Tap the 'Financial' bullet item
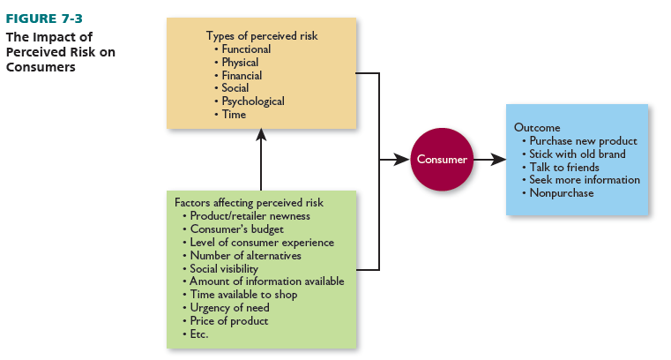(242, 76)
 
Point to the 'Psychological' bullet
(253, 101)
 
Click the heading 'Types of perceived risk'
(262, 36)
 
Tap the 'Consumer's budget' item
(237, 229)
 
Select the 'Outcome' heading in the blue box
(537, 128)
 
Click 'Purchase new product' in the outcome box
(583, 140)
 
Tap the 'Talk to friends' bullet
(563, 167)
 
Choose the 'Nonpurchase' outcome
(561, 192)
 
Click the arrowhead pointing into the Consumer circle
(400, 160)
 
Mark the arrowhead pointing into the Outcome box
(499, 160)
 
